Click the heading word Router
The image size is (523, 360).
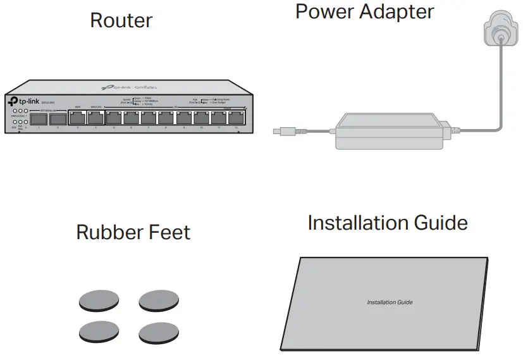tap(121, 20)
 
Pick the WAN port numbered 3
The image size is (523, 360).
tap(78, 118)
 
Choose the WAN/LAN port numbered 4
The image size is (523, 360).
tap(95, 118)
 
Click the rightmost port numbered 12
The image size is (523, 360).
tap(237, 118)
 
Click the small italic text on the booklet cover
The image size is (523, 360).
tap(390, 302)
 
